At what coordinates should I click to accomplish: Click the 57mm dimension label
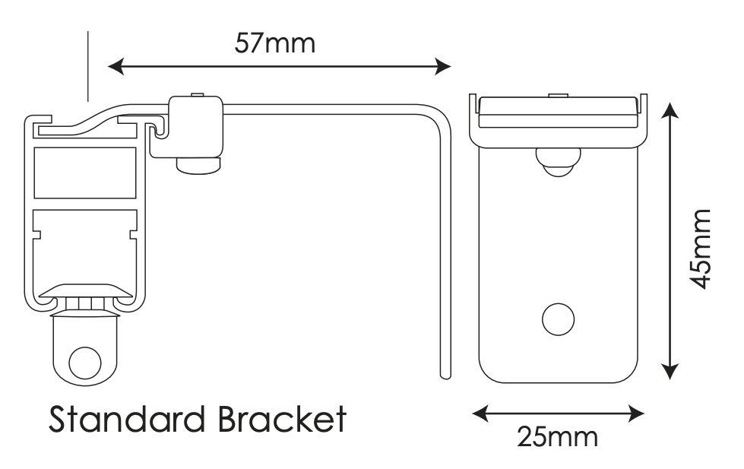pos(274,43)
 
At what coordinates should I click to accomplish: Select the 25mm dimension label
pos(557,436)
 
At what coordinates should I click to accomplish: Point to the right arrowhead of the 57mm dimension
pos(444,68)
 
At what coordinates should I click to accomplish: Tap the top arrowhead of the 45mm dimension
pos(669,110)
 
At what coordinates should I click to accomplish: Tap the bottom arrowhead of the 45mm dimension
pos(669,370)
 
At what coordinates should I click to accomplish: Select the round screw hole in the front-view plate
pos(558,318)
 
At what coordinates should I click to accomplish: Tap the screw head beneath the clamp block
pos(199,164)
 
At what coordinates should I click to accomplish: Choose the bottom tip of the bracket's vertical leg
pos(445,375)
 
